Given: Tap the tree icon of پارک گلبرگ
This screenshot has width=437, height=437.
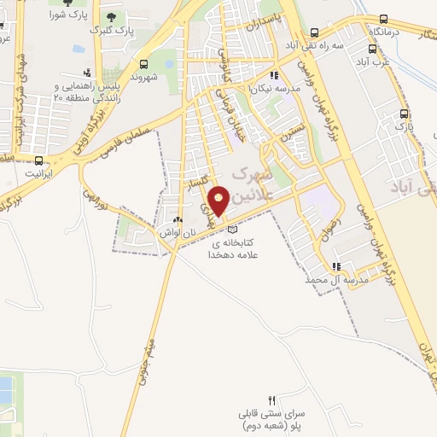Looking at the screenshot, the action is [x=111, y=17].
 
